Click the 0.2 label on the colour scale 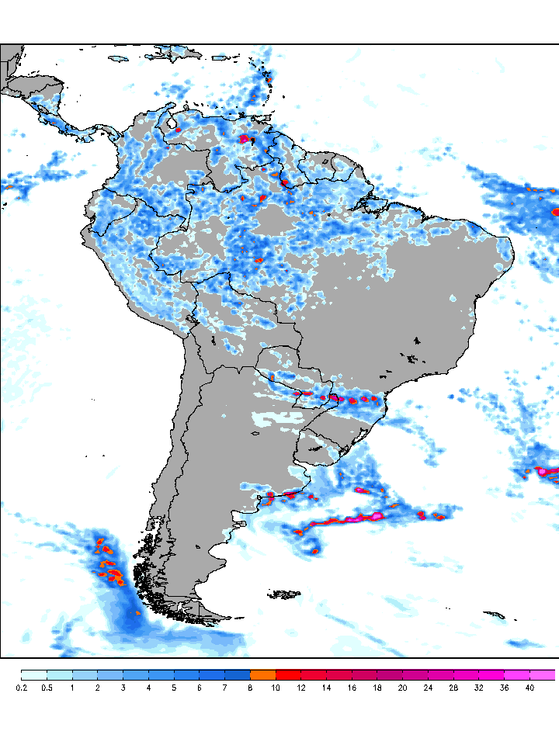(22, 688)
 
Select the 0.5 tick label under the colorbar (47, 688)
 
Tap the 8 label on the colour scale (250, 688)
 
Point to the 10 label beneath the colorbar (276, 688)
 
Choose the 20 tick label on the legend (402, 688)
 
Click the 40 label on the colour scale (529, 688)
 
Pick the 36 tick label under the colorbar (504, 688)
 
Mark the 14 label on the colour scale (326, 688)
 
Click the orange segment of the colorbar (262, 674)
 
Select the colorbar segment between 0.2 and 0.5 (34, 674)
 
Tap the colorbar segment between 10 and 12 (288, 674)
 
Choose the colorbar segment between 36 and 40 (516, 674)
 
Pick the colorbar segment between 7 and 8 (238, 674)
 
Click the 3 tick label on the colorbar (123, 688)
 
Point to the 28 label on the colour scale (453, 688)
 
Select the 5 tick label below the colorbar (174, 688)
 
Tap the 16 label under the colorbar (352, 688)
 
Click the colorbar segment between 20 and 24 (415, 674)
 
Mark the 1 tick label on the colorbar (72, 688)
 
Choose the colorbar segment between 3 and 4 (136, 674)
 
